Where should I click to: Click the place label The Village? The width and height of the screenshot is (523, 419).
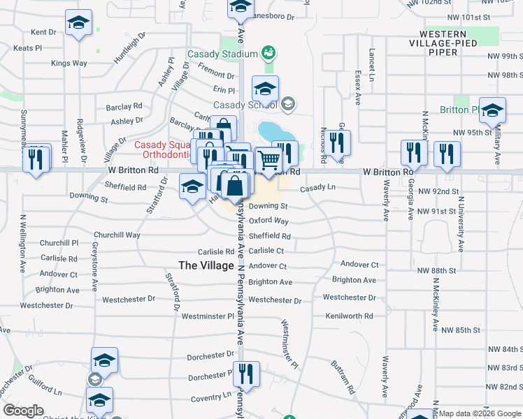(x=206, y=265)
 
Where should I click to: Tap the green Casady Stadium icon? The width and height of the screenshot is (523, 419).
(x=266, y=54)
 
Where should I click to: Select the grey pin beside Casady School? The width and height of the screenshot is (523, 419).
(x=287, y=105)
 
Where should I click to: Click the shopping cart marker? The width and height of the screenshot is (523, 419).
(x=268, y=161)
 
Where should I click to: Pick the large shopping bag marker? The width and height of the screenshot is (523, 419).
(x=236, y=186)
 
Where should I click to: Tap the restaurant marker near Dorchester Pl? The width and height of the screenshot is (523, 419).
(x=246, y=374)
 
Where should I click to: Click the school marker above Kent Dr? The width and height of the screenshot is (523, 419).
(x=79, y=23)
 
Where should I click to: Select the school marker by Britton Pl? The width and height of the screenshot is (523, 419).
(x=492, y=110)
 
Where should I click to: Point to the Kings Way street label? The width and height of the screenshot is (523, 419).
(x=69, y=63)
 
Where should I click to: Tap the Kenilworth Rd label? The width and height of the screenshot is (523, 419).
(x=349, y=316)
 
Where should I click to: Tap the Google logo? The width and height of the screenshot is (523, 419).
(x=23, y=411)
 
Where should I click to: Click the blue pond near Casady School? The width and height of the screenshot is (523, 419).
(x=268, y=131)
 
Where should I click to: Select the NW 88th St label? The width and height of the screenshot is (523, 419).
(x=436, y=270)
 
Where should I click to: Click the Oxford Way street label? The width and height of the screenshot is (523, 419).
(x=268, y=221)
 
